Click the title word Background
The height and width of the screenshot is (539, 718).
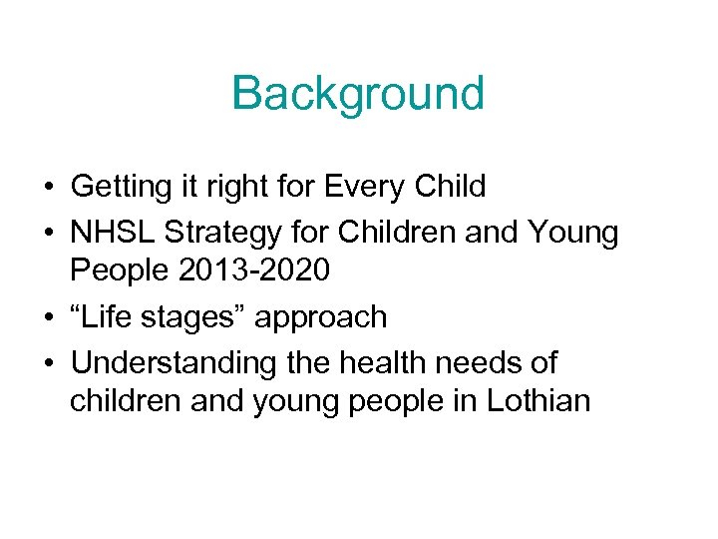pyautogui.click(x=358, y=94)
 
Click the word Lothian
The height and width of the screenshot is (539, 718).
pyautogui.click(x=538, y=402)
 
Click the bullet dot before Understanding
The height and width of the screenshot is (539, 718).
pyautogui.click(x=49, y=363)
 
